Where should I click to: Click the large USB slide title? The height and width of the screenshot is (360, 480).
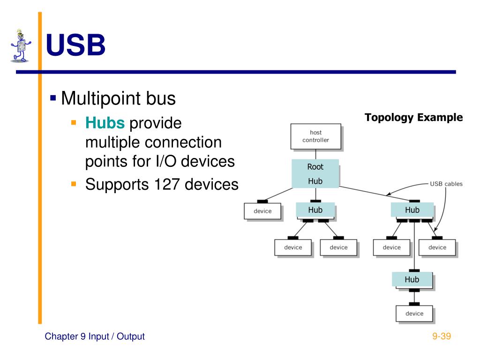tap(75, 46)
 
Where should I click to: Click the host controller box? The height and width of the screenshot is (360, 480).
tap(315, 136)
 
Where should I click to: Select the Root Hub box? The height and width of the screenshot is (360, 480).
tap(315, 173)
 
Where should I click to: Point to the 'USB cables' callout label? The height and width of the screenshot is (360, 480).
tap(446, 184)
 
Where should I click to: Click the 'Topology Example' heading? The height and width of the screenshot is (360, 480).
tap(413, 118)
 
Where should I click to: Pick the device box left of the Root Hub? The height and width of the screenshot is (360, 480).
tap(262, 211)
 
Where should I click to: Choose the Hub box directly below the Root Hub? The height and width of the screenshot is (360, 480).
tap(315, 210)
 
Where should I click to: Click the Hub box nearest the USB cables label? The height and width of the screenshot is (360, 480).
tap(412, 210)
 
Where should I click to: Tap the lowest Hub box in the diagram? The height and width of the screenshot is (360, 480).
tap(412, 279)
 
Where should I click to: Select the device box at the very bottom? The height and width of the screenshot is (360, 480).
tap(414, 314)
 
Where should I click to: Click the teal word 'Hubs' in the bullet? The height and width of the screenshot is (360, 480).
tap(105, 123)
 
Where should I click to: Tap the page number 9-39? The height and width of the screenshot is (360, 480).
tap(441, 336)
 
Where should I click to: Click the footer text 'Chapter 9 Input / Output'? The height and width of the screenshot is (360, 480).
tap(95, 336)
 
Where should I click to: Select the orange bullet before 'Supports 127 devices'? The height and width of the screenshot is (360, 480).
tap(73, 184)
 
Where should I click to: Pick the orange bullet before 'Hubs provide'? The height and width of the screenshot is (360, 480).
tap(73, 123)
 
